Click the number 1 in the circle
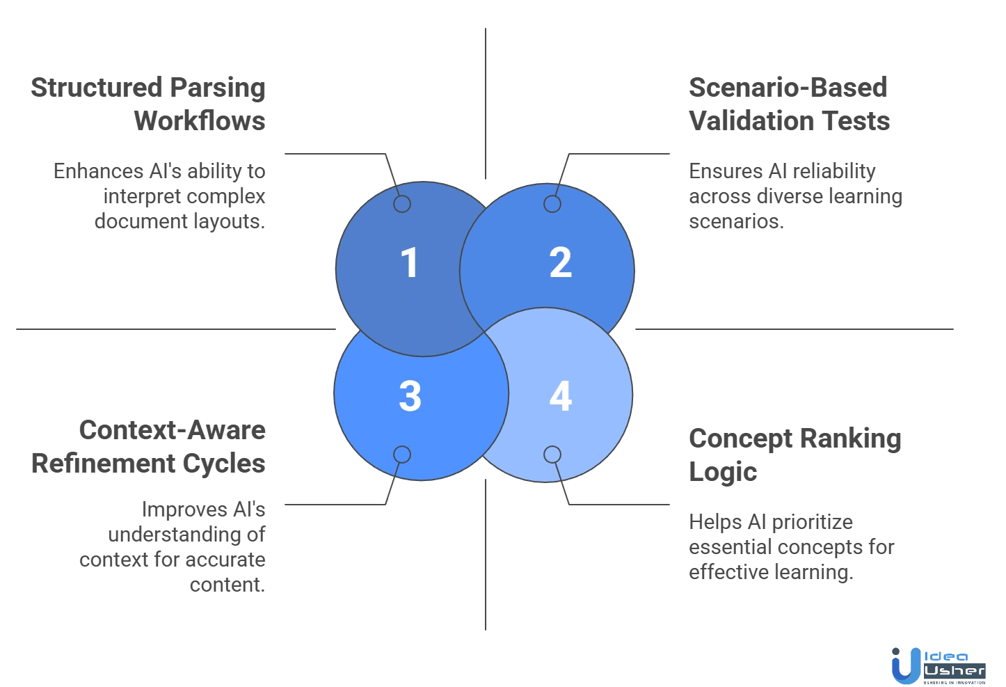[409, 263]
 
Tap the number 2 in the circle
[560, 263]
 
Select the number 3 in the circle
[410, 396]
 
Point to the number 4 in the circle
[560, 396]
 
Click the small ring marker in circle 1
[402, 204]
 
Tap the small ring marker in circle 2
[552, 204]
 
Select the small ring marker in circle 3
[402, 455]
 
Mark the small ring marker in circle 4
[552, 455]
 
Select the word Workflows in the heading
[200, 120]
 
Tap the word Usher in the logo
[955, 671]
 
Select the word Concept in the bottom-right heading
[740, 439]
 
